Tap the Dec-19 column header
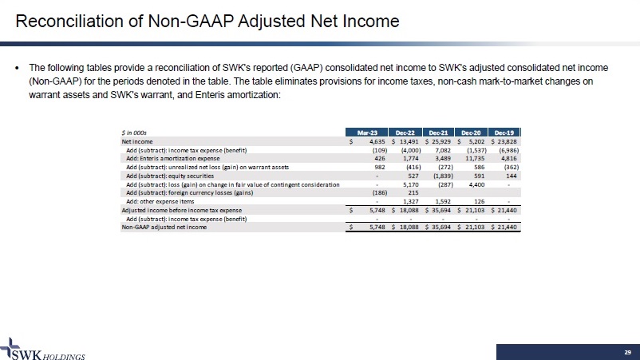pyautogui.click(x=504, y=132)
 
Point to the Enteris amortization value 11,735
pyautogui.click(x=473, y=158)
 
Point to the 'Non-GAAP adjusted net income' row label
pyautogui.click(x=164, y=227)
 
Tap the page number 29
pyautogui.click(x=626, y=351)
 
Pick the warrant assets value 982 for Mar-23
pyautogui.click(x=380, y=167)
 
